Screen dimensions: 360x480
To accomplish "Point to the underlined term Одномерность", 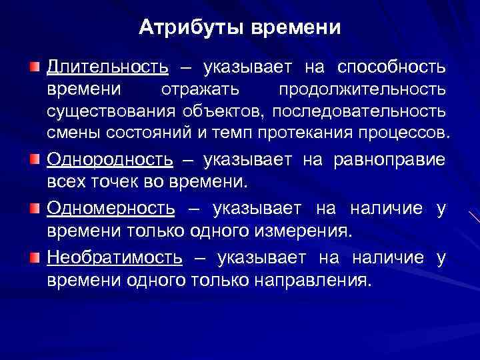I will pos(111,209).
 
